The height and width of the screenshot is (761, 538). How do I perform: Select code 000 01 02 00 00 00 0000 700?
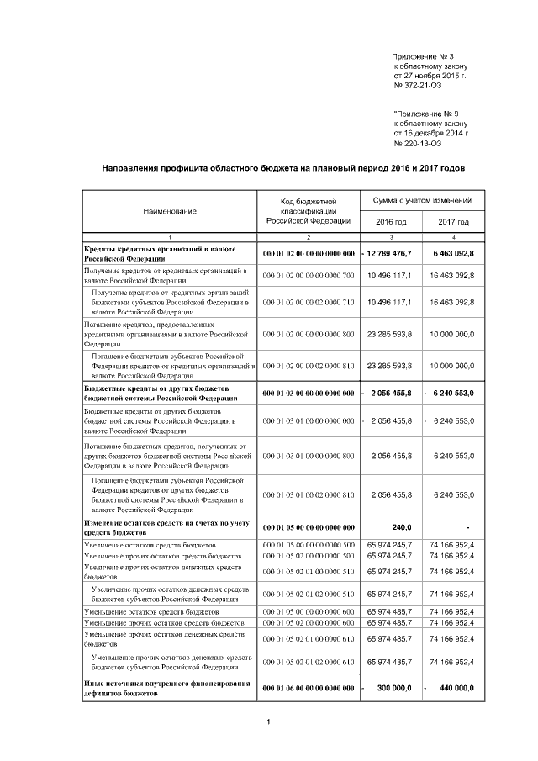(309, 276)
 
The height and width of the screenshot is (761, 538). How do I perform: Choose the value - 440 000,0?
(451, 688)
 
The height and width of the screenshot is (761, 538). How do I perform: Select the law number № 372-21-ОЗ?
(418, 85)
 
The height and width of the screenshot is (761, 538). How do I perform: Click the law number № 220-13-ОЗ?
(418, 142)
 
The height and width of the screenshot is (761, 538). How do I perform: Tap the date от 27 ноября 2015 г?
(430, 76)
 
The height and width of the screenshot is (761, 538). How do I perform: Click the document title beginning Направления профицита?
(282, 168)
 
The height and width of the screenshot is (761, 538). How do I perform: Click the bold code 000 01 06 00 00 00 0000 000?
(309, 688)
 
